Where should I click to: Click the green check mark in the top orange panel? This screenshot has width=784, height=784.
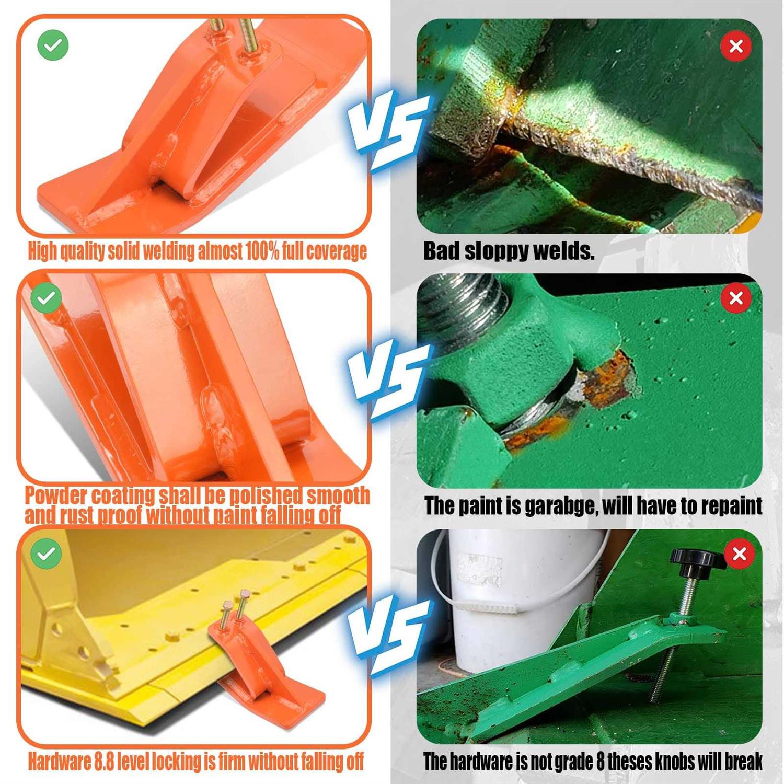(53, 45)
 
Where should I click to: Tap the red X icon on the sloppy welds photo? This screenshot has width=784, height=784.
(736, 47)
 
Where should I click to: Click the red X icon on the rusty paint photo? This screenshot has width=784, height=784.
(736, 298)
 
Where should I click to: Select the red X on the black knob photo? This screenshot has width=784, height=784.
(740, 554)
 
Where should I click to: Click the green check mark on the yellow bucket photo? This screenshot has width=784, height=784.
(46, 554)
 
